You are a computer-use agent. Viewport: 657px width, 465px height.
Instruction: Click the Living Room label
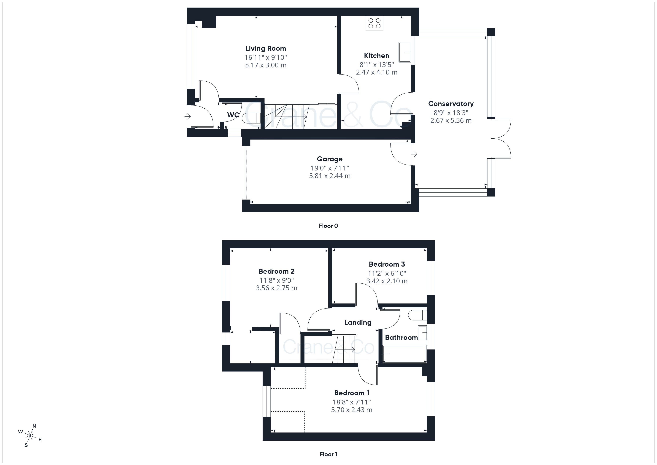tap(266, 48)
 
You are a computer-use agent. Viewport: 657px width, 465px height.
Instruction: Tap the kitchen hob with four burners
tap(374, 23)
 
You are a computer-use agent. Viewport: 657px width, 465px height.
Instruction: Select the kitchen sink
tap(405, 52)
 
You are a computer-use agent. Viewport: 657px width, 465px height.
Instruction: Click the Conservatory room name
tap(451, 104)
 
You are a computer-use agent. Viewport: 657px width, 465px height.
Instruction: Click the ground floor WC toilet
tap(251, 118)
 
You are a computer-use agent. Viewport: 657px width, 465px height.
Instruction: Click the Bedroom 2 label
tap(276, 271)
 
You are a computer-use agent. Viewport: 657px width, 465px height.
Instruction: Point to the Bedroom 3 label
tap(387, 264)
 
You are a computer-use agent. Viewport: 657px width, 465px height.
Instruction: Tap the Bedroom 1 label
tap(352, 393)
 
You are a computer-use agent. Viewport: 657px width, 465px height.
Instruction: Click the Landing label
tap(358, 322)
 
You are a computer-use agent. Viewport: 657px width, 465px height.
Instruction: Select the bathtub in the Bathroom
tap(404, 354)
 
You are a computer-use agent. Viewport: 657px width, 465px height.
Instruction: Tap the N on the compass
tap(34, 426)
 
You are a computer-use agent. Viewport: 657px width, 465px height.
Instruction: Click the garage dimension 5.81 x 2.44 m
tap(330, 176)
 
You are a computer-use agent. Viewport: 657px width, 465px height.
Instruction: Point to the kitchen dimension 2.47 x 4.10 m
tap(377, 72)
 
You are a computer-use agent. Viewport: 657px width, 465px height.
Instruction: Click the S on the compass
tap(26, 445)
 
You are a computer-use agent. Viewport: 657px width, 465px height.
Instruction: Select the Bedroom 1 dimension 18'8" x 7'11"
tap(352, 402)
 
